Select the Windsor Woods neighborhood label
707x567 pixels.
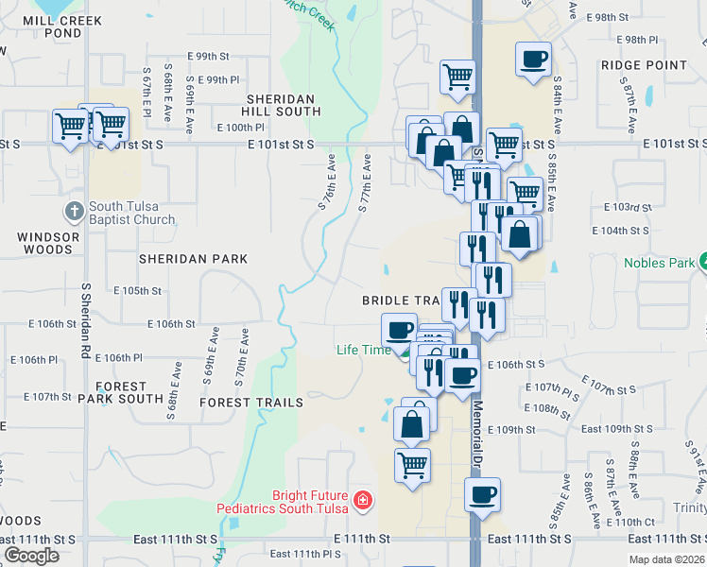pyautogui.click(x=45, y=243)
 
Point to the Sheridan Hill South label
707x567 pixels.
pyautogui.click(x=284, y=105)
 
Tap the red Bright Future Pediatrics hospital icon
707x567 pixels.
pyautogui.click(x=361, y=499)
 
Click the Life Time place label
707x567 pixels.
pyautogui.click(x=364, y=350)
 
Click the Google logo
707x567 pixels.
pyautogui.click(x=31, y=556)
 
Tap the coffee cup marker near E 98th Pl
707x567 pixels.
pyautogui.click(x=533, y=60)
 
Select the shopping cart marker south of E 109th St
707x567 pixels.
pyautogui.click(x=412, y=465)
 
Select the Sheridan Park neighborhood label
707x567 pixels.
pyautogui.click(x=193, y=259)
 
